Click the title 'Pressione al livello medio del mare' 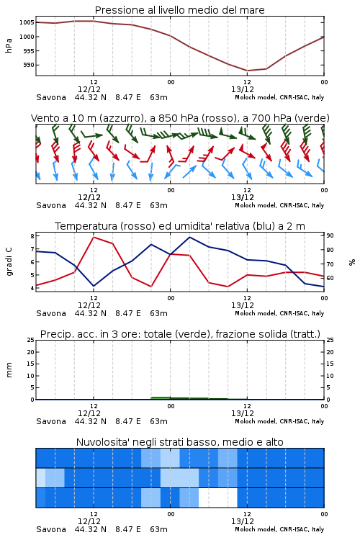click(x=179, y=10)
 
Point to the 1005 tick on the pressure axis click(x=27, y=22)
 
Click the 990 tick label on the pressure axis click(x=29, y=65)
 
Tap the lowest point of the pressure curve click(x=247, y=71)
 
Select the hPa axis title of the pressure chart click(x=9, y=45)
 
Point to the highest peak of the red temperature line click(x=94, y=237)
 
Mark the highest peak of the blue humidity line click(x=189, y=237)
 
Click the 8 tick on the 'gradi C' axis click(x=32, y=236)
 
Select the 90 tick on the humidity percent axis click(x=330, y=235)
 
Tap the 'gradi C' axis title click(x=9, y=262)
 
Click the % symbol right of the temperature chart click(x=352, y=262)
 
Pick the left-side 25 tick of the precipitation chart click(x=31, y=340)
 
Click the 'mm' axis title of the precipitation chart click(x=9, y=370)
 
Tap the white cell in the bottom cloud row click(x=218, y=498)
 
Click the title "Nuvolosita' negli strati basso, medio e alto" click(x=179, y=442)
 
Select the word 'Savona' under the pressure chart click(x=51, y=97)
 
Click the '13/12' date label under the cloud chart click(x=243, y=521)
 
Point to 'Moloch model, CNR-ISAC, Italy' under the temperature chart click(x=279, y=313)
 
